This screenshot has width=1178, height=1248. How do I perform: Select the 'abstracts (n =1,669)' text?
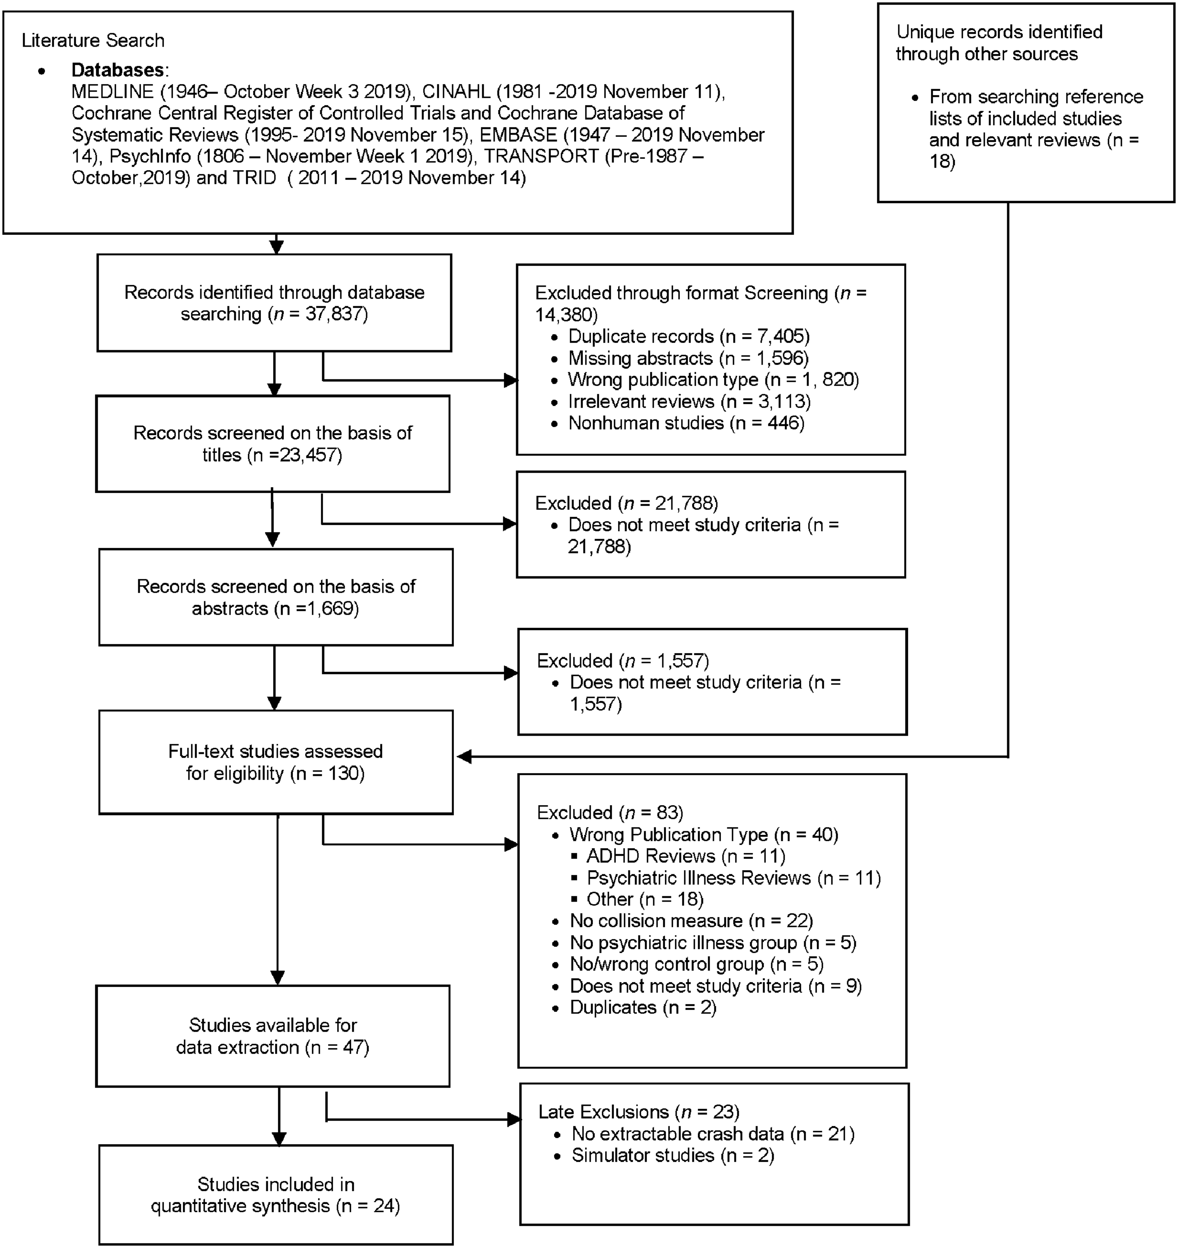pos(275,608)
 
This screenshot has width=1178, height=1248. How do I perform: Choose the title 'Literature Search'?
pos(93,40)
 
